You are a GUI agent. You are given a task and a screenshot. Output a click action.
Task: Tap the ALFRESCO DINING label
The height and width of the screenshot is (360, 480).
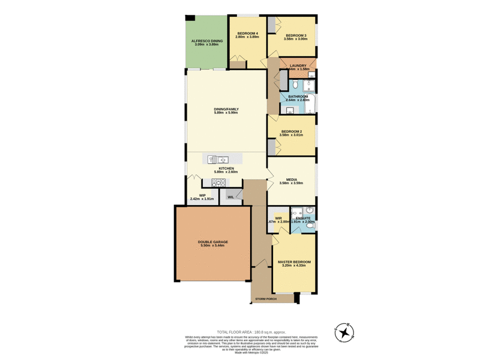pyautogui.click(x=207, y=41)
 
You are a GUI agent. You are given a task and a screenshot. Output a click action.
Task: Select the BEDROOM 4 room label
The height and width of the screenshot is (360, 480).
pyautogui.click(x=247, y=34)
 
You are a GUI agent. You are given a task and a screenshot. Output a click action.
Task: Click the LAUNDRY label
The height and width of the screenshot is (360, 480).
pyautogui.click(x=298, y=65)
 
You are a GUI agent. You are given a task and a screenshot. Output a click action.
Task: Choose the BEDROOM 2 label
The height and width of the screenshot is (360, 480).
pyautogui.click(x=292, y=131)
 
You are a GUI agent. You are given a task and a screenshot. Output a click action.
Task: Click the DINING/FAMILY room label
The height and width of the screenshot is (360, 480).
pyautogui.click(x=226, y=109)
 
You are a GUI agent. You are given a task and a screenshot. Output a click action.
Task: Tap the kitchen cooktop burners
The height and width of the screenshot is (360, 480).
pyautogui.click(x=217, y=182)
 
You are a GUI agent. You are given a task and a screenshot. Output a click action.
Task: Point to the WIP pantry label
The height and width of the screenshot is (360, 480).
pyautogui.click(x=202, y=195)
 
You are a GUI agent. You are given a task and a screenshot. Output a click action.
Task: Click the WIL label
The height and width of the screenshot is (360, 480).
pyautogui.click(x=230, y=196)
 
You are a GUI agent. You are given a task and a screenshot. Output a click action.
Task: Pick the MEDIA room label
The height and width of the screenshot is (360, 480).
pyautogui.click(x=291, y=179)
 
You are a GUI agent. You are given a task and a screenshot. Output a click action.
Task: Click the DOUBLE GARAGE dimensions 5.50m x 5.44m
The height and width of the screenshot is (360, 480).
pyautogui.click(x=212, y=247)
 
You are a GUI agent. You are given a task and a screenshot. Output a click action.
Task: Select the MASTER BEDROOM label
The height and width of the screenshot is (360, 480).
pyautogui.click(x=294, y=262)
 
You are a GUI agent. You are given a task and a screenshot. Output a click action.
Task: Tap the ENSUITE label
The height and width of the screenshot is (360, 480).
pyautogui.click(x=303, y=218)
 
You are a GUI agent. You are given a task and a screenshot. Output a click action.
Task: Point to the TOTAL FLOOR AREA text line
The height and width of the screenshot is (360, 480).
pyautogui.click(x=251, y=332)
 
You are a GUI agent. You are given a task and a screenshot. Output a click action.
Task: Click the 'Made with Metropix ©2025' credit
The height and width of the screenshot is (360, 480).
pyautogui.click(x=251, y=352)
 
